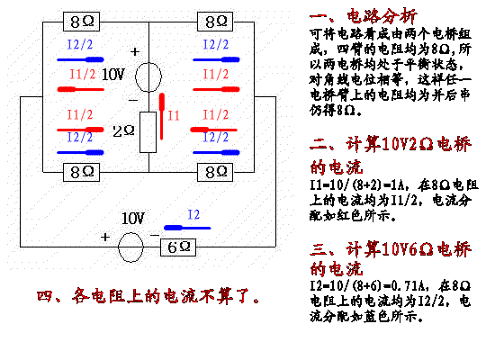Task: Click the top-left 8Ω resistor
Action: pyautogui.click(x=81, y=22)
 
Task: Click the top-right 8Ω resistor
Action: pyautogui.click(x=215, y=22)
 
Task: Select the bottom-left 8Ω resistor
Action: pyautogui.click(x=81, y=172)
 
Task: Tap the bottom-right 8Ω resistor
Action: pyautogui.click(x=215, y=172)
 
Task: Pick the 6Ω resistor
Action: pyautogui.click(x=178, y=247)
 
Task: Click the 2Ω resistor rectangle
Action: pyautogui.click(x=148, y=132)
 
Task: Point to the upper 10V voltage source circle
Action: pyautogui.click(x=148, y=76)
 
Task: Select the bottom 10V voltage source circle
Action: pyautogui.click(x=130, y=247)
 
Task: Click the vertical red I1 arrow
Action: pyautogui.click(x=162, y=116)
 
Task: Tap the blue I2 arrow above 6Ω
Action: pyautogui.click(x=187, y=228)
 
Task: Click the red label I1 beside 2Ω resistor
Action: pyautogui.click(x=174, y=115)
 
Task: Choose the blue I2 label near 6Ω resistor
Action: pyautogui.click(x=193, y=215)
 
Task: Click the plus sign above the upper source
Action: pyautogui.click(x=135, y=51)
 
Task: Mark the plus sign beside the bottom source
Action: pyautogui.click(x=105, y=237)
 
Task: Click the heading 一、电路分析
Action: pyautogui.click(x=363, y=16)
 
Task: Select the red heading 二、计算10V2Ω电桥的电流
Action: pyautogui.click(x=391, y=156)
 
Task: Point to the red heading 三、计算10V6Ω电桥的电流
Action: pyautogui.click(x=391, y=258)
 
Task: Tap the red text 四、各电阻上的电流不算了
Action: pyautogui.click(x=148, y=296)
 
